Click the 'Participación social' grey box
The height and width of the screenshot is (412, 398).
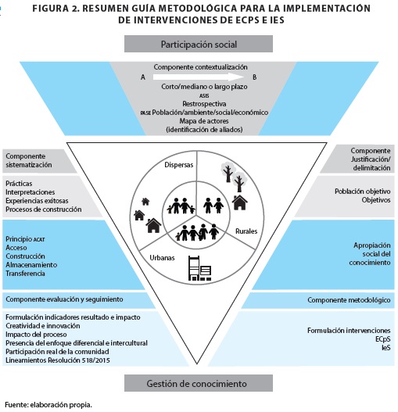[x=199, y=44]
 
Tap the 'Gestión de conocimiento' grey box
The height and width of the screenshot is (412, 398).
[x=199, y=383]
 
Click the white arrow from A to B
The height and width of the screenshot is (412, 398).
[x=199, y=77]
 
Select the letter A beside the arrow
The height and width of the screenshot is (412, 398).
[x=143, y=77]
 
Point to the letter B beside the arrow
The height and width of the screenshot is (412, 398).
[x=254, y=77]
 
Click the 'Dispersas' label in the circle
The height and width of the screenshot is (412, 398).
[x=179, y=165]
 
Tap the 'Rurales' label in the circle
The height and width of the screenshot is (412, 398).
[x=246, y=231]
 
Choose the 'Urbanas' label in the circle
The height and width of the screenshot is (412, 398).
[x=162, y=258]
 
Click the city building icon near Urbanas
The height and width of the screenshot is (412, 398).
[x=200, y=268]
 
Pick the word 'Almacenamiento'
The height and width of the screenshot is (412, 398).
[x=31, y=264]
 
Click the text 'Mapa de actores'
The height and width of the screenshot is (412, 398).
[x=204, y=121]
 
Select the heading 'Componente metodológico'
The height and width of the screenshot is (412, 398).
[x=349, y=299]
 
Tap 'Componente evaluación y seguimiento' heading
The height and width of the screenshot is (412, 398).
[x=64, y=299]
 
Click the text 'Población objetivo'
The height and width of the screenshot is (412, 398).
[x=363, y=192]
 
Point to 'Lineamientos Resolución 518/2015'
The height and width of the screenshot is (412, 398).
[x=58, y=360]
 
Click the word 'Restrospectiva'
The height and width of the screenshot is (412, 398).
[x=204, y=103]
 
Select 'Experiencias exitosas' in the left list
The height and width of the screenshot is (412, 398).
[x=37, y=201]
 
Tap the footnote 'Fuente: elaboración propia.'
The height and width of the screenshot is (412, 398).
[x=48, y=405]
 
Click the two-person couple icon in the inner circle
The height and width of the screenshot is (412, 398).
[x=213, y=206]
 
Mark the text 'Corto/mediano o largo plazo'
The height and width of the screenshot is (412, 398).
[x=204, y=87]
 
